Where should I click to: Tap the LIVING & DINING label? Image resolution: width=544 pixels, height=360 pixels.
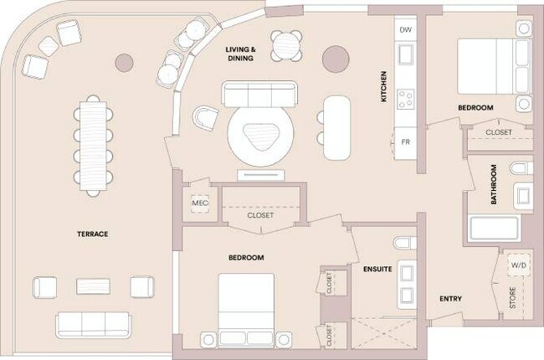point(240,54)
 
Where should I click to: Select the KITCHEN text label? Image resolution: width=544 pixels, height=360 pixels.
point(384,87)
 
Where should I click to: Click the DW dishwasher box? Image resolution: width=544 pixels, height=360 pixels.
point(406,30)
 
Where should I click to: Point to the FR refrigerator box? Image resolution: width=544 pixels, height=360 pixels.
point(406,141)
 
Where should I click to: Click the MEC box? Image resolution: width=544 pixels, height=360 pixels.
point(200,203)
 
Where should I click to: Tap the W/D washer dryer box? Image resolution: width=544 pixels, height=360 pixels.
point(520,266)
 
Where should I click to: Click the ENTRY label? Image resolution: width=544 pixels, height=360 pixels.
point(451,299)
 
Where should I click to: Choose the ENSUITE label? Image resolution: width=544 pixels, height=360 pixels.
point(377,269)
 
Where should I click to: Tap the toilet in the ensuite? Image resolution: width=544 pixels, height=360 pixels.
point(404,244)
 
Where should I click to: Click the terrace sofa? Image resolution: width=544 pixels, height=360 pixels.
point(93,323)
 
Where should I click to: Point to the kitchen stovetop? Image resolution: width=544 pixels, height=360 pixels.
point(406,99)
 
